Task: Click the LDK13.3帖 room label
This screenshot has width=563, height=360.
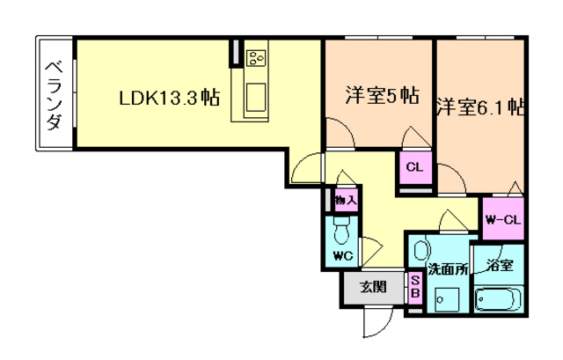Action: click(170, 99)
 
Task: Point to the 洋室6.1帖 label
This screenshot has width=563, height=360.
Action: click(479, 108)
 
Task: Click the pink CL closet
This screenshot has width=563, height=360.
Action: click(414, 166)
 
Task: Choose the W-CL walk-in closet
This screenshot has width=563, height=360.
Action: click(502, 218)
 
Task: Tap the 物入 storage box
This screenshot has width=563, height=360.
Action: click(345, 201)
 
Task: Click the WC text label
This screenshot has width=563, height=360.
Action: click(343, 256)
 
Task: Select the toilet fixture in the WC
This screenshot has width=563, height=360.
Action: click(344, 231)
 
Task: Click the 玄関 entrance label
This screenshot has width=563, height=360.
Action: click(373, 285)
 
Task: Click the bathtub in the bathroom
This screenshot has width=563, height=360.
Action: click(499, 300)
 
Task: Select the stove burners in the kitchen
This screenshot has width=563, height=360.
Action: click(257, 58)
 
